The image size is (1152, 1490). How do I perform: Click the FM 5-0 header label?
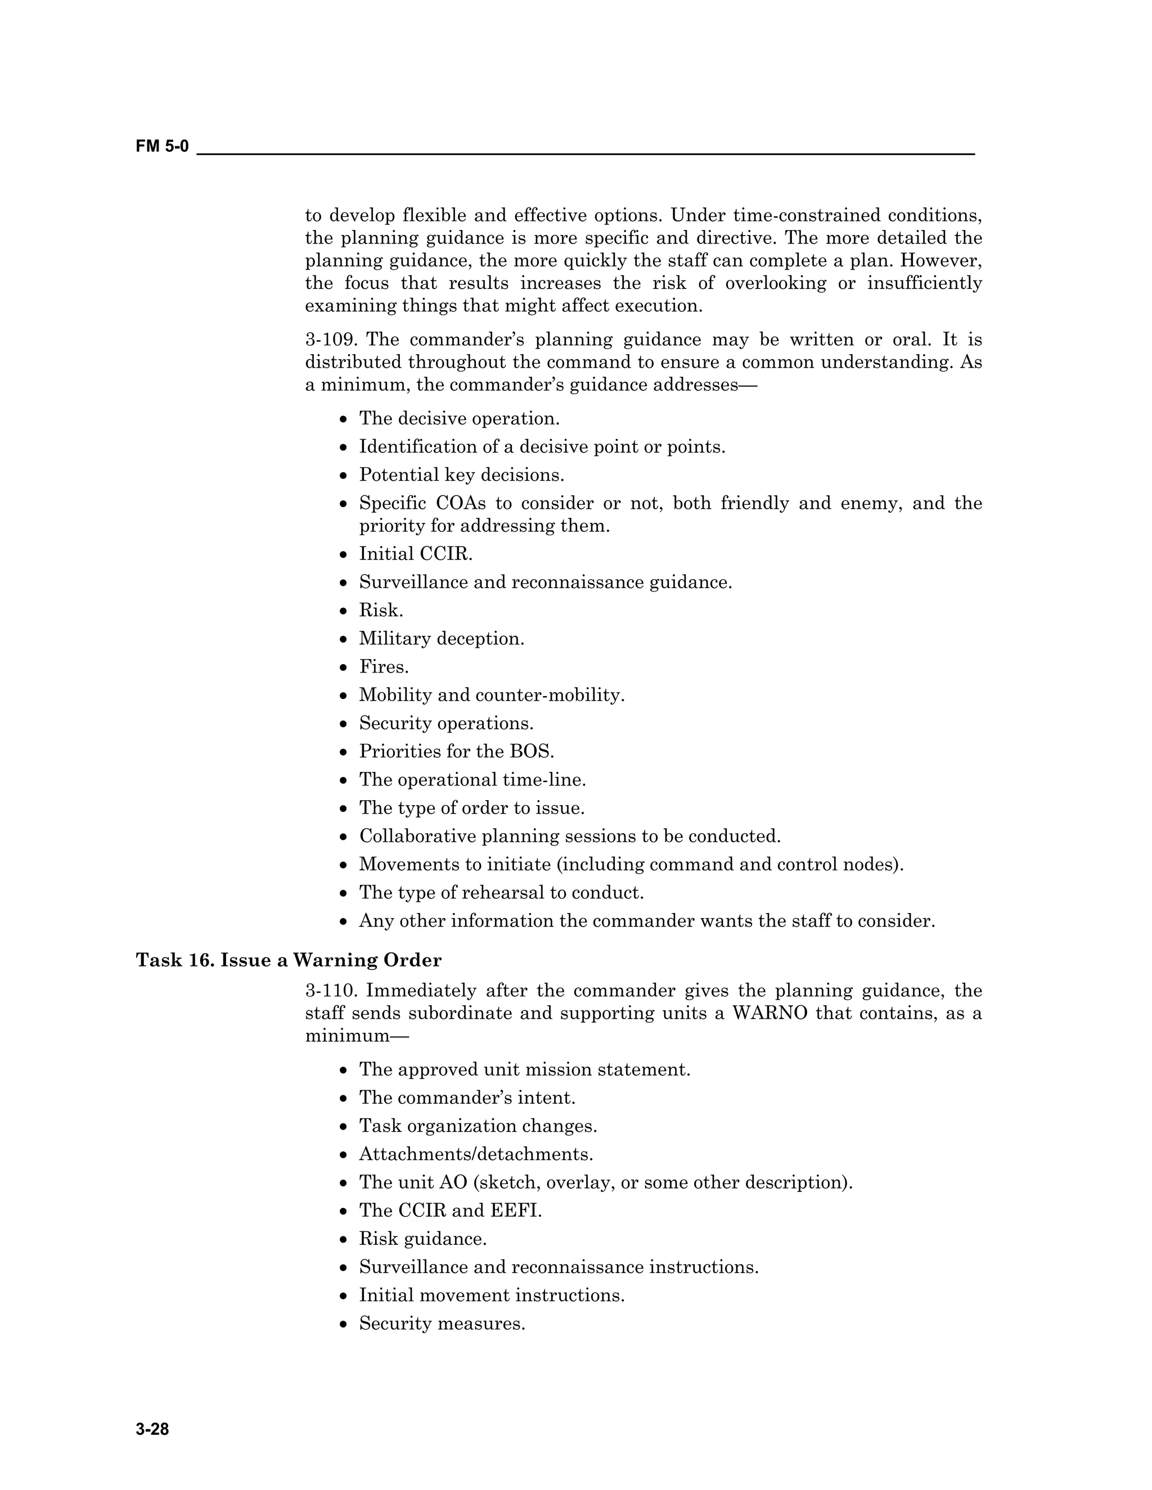click(x=162, y=146)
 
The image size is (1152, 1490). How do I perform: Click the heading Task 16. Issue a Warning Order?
click(x=289, y=960)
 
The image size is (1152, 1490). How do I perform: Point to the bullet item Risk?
click(x=381, y=610)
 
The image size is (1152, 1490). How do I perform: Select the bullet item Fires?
click(x=384, y=666)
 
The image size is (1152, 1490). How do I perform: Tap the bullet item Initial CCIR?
click(x=416, y=553)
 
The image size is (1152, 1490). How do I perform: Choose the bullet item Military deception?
click(x=442, y=639)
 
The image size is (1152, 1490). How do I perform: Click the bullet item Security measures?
click(x=442, y=1324)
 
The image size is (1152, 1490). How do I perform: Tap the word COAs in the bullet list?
click(x=461, y=503)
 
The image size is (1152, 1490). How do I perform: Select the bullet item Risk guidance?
click(x=423, y=1238)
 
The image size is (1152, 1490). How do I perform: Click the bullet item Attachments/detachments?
click(x=476, y=1154)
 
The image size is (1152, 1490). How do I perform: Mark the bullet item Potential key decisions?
click(x=461, y=475)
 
